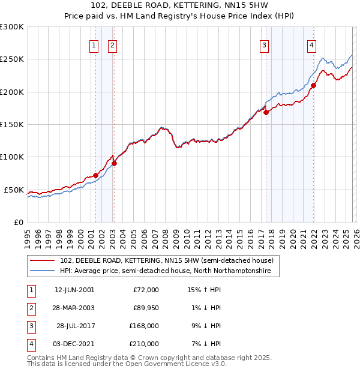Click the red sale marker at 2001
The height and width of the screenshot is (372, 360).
[95, 175]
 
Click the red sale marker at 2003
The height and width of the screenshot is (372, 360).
[114, 163]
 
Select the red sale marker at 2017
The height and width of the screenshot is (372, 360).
[266, 112]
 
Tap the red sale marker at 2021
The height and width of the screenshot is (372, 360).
[313, 85]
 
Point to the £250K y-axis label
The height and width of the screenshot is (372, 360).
[11, 59]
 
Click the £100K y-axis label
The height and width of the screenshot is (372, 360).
[11, 157]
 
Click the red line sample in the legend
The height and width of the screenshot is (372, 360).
[42, 260]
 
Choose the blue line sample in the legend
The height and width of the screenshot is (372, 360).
[42, 271]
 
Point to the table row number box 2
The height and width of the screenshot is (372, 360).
[31, 307]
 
